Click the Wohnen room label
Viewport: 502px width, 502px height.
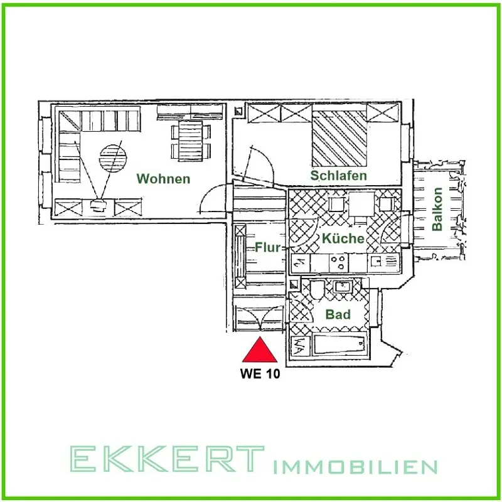pos(163,179)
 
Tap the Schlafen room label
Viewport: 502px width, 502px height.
pos(338,176)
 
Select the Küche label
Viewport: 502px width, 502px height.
pos(343,238)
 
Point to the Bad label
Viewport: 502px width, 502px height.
pos(338,314)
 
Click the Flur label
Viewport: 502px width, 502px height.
pos(267,247)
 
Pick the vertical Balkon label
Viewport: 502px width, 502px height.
pos(438,210)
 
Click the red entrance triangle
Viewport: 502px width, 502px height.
pos(260,351)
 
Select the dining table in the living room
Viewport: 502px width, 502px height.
pos(188,139)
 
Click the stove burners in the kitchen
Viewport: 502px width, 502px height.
pos(338,263)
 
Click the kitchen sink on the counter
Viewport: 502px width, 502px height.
pos(380,262)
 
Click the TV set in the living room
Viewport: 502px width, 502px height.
pos(99,205)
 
